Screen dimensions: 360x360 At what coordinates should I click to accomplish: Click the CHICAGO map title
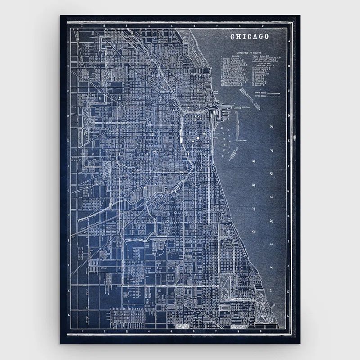point(250,37)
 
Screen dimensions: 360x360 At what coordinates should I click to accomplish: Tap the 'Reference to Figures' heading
point(249,53)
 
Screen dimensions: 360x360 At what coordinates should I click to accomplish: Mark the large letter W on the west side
point(101,98)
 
